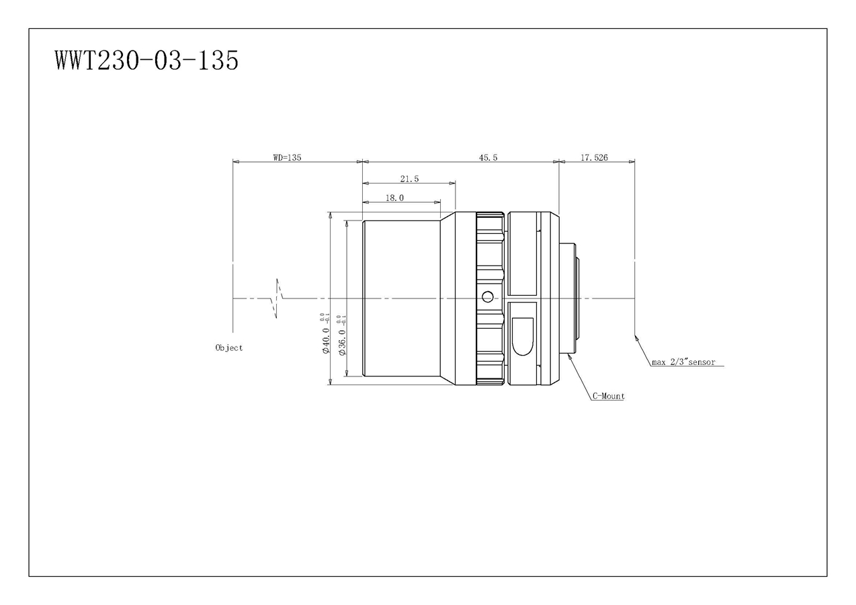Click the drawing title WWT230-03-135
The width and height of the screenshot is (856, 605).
tap(147, 61)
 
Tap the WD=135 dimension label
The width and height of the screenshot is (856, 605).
tap(287, 157)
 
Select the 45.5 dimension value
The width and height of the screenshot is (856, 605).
tap(488, 157)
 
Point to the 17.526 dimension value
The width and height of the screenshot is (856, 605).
tap(594, 157)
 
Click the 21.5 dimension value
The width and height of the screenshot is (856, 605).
tap(409, 179)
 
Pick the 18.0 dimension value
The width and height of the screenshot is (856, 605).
tap(394, 198)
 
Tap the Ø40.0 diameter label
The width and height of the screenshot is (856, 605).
tap(326, 340)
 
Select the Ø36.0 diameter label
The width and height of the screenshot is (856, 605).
tap(343, 342)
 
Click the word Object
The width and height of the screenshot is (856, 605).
tap(229, 348)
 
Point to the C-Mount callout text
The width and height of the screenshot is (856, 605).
tap(608, 396)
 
